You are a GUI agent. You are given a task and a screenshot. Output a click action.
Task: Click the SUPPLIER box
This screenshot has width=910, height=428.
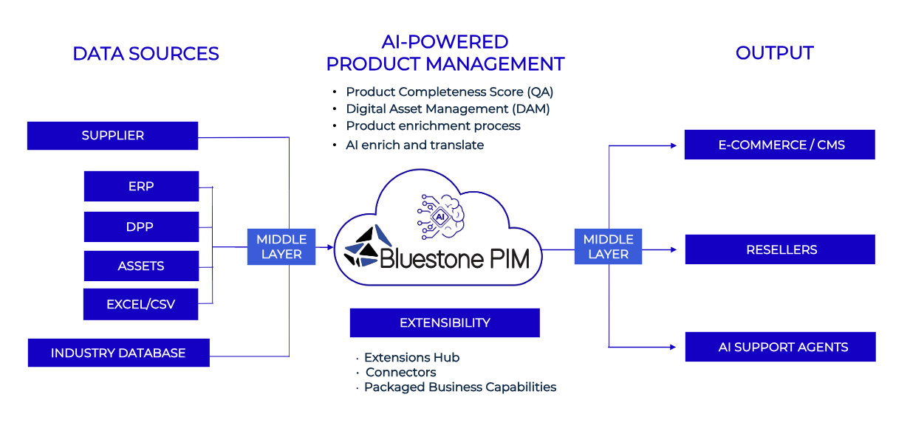(x=112, y=136)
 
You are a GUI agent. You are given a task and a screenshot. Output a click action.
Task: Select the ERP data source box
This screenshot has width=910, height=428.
(x=141, y=186)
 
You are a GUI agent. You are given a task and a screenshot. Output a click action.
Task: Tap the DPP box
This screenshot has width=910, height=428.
(x=141, y=227)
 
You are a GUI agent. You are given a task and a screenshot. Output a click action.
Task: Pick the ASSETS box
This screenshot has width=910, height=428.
(x=141, y=266)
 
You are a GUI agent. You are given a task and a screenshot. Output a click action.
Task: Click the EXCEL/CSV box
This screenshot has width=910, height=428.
(x=140, y=304)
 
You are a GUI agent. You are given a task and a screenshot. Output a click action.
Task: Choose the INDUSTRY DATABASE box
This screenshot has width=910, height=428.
(x=118, y=353)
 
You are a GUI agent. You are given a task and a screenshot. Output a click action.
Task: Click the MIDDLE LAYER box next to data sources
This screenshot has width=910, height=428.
(x=281, y=246)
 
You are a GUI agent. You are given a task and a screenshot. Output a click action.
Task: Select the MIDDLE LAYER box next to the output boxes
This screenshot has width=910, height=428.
(x=608, y=246)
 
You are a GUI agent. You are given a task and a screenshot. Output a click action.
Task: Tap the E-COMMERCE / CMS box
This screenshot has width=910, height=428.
(x=779, y=145)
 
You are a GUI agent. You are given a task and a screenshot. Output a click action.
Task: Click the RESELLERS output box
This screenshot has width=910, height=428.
(x=779, y=249)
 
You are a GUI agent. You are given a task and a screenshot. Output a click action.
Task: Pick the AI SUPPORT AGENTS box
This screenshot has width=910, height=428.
(x=780, y=347)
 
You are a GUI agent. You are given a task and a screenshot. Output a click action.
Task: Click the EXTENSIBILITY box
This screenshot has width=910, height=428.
(x=445, y=322)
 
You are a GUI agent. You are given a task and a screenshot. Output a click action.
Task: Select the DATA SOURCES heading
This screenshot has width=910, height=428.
(x=146, y=54)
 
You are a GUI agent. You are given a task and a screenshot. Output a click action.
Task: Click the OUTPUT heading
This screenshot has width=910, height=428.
(x=774, y=53)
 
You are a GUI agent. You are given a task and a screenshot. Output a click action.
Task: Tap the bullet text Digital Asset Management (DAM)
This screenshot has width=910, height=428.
(x=448, y=109)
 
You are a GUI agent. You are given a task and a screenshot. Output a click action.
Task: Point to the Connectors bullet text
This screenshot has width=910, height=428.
(x=400, y=373)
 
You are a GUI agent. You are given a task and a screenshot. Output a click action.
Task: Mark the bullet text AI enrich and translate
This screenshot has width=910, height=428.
(x=414, y=145)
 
